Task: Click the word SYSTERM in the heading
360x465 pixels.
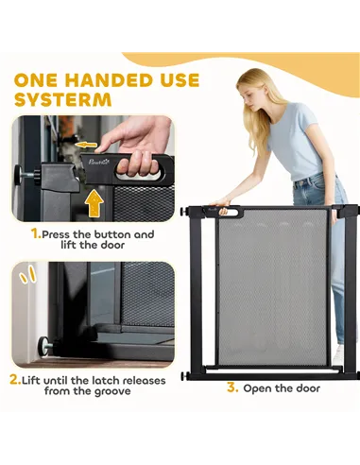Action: pos(63,99)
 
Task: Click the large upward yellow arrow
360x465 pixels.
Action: pos(95,203)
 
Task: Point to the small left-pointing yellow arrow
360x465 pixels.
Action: pos(86,145)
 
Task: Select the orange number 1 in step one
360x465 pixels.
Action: pos(36,233)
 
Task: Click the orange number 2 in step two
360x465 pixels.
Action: pos(15,380)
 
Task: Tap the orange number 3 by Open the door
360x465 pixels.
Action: pos(232,387)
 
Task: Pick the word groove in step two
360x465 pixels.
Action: pos(111,391)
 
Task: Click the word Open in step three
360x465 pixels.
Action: pos(256,388)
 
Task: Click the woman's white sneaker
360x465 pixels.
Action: pos(338,354)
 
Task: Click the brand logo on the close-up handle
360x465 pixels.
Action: pos(98,163)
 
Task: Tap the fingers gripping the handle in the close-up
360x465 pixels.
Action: pos(140,164)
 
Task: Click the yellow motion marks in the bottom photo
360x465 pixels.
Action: pos(27,274)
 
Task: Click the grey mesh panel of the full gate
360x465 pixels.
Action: pos(272,286)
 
